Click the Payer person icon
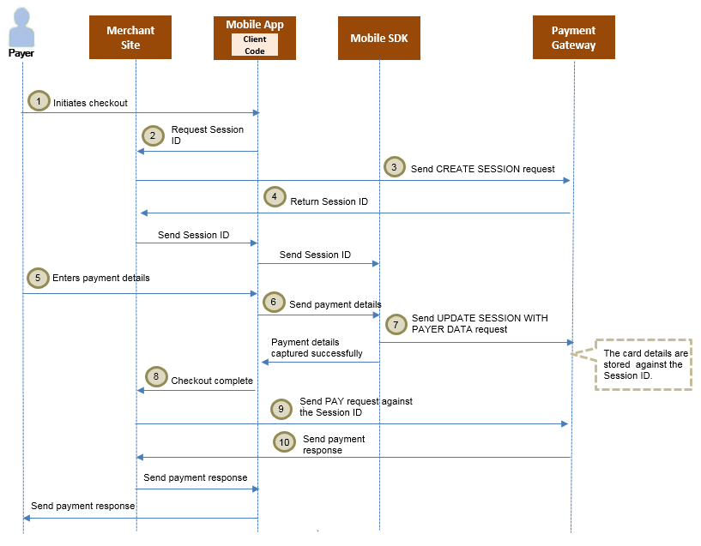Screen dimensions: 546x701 click(x=21, y=27)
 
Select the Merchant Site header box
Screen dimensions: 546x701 click(x=130, y=38)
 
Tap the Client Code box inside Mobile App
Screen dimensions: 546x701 click(x=255, y=45)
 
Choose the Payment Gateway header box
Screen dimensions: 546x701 click(x=573, y=38)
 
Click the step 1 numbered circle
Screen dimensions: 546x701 click(x=38, y=100)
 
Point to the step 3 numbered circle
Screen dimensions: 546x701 click(x=394, y=167)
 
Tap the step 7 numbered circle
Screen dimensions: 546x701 click(x=396, y=324)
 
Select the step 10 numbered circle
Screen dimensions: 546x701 click(x=285, y=442)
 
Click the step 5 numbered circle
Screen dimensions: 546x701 click(x=38, y=278)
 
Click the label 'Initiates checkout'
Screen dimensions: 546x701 click(x=90, y=103)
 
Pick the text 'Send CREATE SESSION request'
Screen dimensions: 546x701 click(x=482, y=169)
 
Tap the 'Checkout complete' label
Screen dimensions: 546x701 click(x=212, y=381)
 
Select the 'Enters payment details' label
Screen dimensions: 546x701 click(x=107, y=278)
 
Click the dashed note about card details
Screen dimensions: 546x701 click(x=643, y=364)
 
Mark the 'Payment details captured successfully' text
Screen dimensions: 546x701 click(x=317, y=348)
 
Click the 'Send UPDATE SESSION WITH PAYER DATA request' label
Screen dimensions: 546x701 click(x=479, y=323)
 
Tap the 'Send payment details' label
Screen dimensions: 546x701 click(x=335, y=304)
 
